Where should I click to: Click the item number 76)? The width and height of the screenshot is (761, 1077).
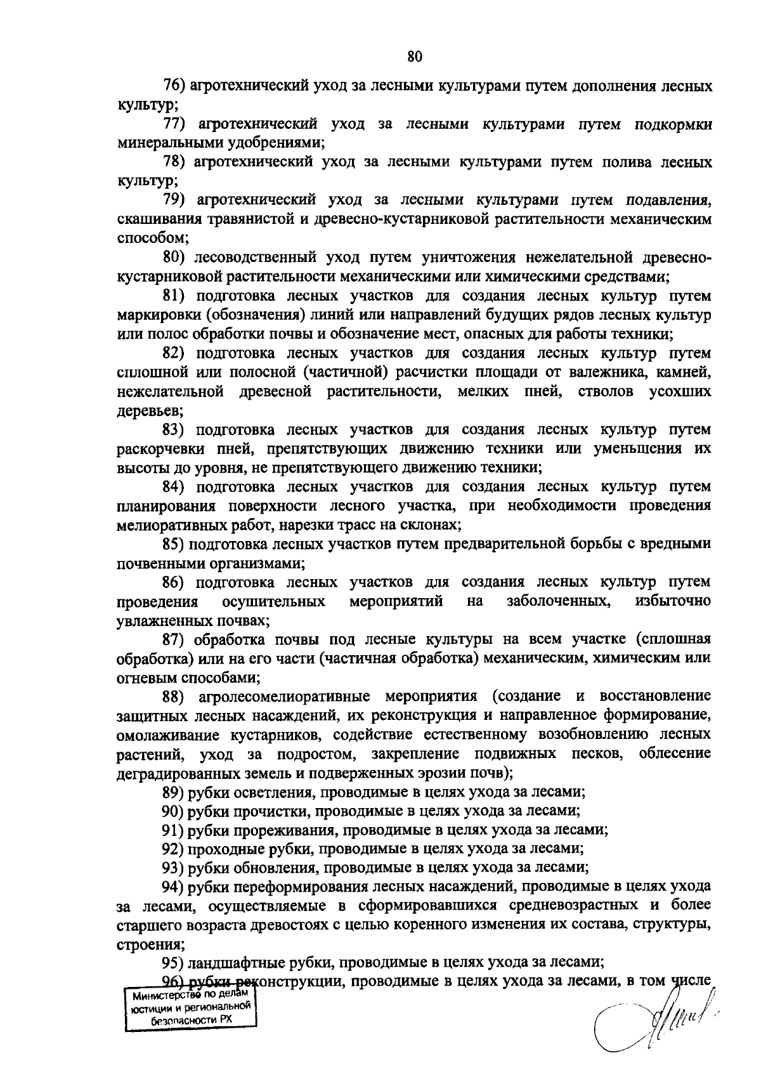pyautogui.click(x=174, y=86)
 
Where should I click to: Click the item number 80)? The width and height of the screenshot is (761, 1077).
pyautogui.click(x=174, y=258)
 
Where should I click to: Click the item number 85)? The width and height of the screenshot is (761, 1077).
pyautogui.click(x=174, y=544)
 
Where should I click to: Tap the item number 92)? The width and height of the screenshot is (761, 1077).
pyautogui.click(x=174, y=849)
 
